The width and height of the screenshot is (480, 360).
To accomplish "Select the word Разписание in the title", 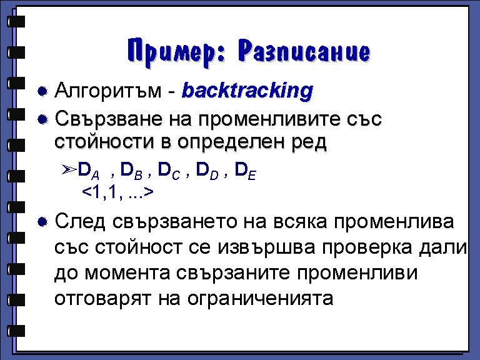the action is [304, 51].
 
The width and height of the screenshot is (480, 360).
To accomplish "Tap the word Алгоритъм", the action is [107, 91].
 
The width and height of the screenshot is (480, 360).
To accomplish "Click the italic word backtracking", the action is [247, 91].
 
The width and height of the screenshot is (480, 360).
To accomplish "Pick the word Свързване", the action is [109, 119].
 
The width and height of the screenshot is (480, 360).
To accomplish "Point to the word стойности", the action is [104, 142].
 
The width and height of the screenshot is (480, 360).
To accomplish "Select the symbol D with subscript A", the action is [89, 171].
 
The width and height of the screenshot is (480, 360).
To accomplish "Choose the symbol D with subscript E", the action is [245, 171].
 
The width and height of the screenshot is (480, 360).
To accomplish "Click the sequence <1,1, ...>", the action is [118, 192].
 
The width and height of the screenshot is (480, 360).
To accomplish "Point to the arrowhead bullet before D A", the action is [69, 169].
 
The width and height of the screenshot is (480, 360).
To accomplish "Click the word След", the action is [80, 222].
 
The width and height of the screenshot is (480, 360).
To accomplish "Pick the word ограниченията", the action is [260, 299].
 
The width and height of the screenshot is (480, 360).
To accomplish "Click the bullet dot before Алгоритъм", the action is [42, 91].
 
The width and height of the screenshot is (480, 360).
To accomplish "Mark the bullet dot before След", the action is [42, 222].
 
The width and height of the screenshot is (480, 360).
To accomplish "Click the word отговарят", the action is [103, 299].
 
